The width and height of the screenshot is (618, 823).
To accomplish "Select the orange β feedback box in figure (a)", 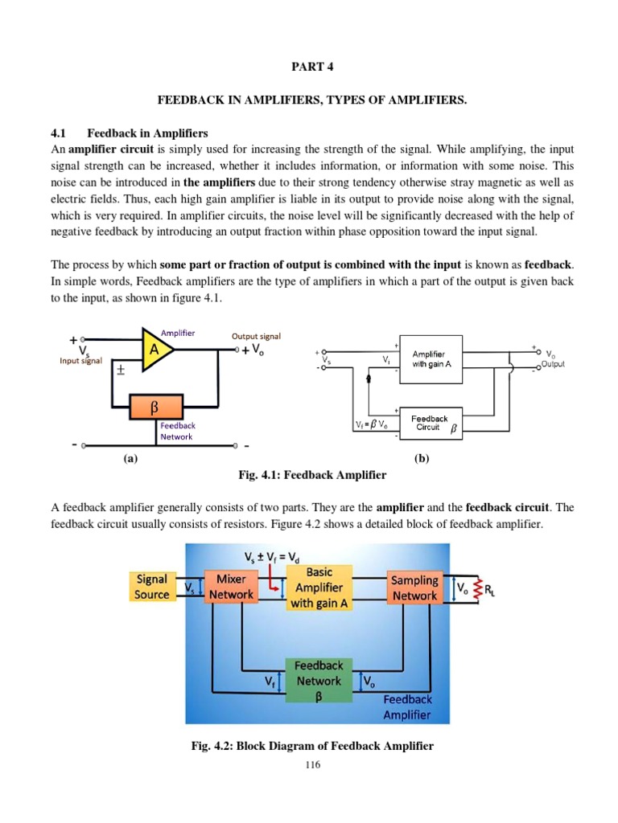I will (x=154, y=407).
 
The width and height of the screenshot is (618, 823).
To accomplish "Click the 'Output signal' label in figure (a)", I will (x=256, y=337).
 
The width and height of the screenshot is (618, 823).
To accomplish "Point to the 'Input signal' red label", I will (x=80, y=361).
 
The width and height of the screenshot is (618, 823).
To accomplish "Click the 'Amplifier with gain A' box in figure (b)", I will (x=428, y=359).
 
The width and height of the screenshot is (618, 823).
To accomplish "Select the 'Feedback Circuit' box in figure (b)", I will (x=431, y=423).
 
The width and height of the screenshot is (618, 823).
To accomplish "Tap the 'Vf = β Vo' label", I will (x=372, y=424).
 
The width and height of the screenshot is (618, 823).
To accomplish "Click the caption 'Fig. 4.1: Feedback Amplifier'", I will (x=312, y=475).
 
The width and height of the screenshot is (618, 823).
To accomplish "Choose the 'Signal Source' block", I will (x=152, y=587).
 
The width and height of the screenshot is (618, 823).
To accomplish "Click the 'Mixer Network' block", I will (x=231, y=587).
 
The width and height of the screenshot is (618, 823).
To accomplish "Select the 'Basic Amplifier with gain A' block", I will (x=319, y=588).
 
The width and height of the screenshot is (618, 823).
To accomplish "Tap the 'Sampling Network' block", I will (x=414, y=588).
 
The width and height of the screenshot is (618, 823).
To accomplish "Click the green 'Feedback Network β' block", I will (x=319, y=681).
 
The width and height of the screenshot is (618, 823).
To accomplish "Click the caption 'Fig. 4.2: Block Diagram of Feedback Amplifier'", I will (x=312, y=746).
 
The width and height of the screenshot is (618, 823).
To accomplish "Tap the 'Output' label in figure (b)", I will (x=553, y=364).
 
